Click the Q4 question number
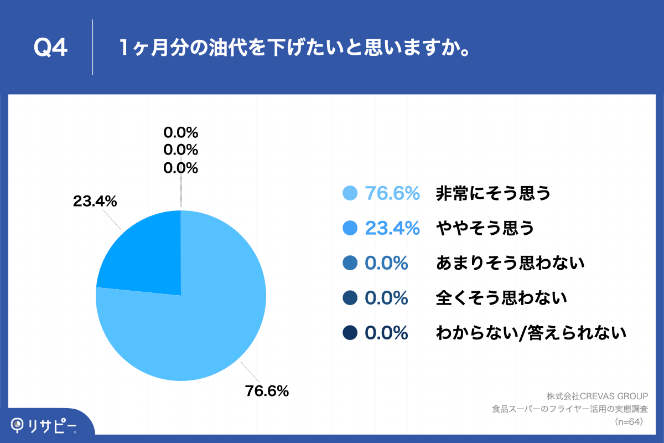pyautogui.click(x=50, y=48)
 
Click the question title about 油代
pyautogui.click(x=295, y=48)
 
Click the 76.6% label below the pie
pyautogui.click(x=267, y=391)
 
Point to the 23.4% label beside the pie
pyautogui.click(x=95, y=202)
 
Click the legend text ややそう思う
pyautogui.click(x=485, y=228)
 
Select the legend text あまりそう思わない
pyautogui.click(x=510, y=263)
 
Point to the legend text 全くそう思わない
pyautogui.click(x=501, y=298)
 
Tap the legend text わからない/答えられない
pyautogui.click(x=531, y=333)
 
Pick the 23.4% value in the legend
pyautogui.click(x=392, y=228)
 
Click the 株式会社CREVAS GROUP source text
pyautogui.click(x=597, y=396)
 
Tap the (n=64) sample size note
pyautogui.click(x=631, y=422)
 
